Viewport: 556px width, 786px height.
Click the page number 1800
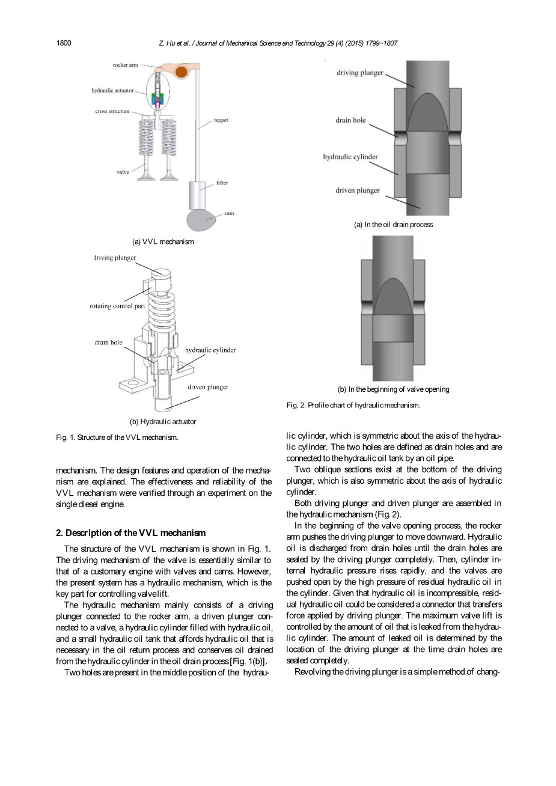click(64, 43)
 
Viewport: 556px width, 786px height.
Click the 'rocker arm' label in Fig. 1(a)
click(126, 65)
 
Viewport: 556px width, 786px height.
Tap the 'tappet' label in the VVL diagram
click(221, 120)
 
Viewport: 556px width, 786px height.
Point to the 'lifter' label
click(222, 183)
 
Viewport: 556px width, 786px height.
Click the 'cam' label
click(228, 213)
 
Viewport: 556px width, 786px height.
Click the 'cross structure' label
click(112, 111)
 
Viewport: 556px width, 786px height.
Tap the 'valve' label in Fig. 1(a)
click(123, 172)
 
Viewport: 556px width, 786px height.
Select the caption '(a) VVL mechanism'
click(163, 242)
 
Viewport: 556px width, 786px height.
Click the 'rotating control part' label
click(117, 306)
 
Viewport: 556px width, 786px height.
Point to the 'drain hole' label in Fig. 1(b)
click(108, 343)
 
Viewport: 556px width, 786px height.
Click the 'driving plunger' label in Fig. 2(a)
click(360, 73)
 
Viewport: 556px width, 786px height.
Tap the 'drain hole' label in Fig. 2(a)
click(350, 120)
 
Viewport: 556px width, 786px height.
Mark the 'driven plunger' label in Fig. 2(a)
click(358, 190)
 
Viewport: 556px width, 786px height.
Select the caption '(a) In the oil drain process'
click(393, 225)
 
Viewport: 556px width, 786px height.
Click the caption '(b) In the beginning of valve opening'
click(393, 389)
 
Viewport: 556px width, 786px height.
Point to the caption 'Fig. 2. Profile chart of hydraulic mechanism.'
click(353, 405)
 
